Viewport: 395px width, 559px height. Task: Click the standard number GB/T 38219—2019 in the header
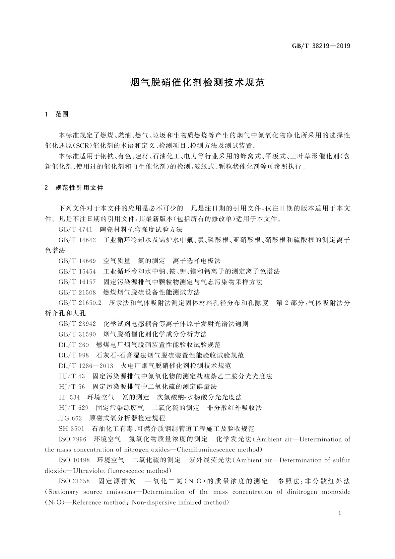pyautogui.click(x=321, y=46)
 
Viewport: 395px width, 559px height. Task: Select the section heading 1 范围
pyautogui.click(x=57, y=114)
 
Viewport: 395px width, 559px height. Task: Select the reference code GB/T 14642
pyautogui.click(x=77, y=240)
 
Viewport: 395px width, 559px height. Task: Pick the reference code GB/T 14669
pyautogui.click(x=77, y=261)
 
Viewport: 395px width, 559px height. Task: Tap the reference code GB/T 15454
pyautogui.click(x=77, y=272)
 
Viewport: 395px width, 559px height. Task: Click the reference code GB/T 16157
pyautogui.click(x=77, y=282)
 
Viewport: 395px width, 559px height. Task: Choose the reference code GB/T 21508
pyautogui.click(x=77, y=292)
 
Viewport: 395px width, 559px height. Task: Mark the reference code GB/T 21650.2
pyautogui.click(x=80, y=303)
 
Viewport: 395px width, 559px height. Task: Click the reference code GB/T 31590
pyautogui.click(x=77, y=334)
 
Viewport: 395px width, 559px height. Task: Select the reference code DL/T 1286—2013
pyautogui.click(x=86, y=366)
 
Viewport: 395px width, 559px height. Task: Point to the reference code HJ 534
pyautogui.click(x=69, y=397)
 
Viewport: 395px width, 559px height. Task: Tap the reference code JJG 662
pyautogui.click(x=70, y=418)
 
